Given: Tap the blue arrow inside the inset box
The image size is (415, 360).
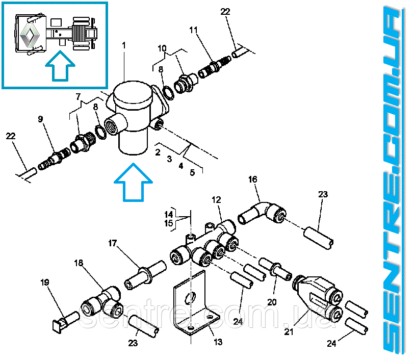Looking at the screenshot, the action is (x=60, y=66).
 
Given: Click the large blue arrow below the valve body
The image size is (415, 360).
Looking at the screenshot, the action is (x=133, y=182).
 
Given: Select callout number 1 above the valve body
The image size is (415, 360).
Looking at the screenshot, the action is (x=123, y=45).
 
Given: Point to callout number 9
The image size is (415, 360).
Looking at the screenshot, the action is (x=40, y=119).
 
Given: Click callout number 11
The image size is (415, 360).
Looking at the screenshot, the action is (x=193, y=30).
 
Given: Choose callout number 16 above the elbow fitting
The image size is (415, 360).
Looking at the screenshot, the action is (x=253, y=179).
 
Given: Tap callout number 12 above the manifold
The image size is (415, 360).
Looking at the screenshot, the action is (x=216, y=200).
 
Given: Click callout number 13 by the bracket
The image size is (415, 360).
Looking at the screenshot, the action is (x=218, y=342).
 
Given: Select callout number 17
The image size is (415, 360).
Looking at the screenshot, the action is (x=113, y=243).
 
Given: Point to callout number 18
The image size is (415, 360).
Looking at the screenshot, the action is (x=79, y=263).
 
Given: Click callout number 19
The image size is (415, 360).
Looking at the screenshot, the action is (x=45, y=282).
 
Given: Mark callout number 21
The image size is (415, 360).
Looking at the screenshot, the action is (x=289, y=331).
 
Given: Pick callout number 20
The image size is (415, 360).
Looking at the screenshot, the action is (x=272, y=302).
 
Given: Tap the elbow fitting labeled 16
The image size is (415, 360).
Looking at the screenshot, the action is (x=262, y=213).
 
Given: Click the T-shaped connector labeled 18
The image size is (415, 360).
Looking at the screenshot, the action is (x=102, y=302).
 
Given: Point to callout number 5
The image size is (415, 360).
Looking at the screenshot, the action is (x=192, y=172).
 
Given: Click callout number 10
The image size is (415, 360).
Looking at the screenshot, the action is (x=162, y=48).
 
